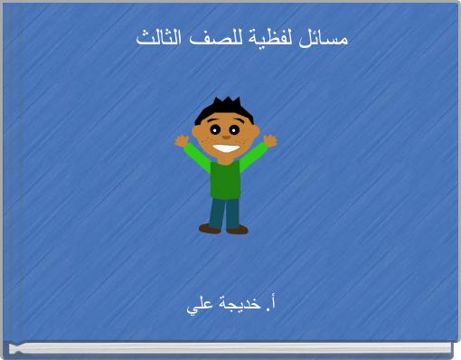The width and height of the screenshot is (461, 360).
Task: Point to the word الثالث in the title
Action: point(159,39)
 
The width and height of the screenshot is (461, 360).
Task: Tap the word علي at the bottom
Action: point(200,306)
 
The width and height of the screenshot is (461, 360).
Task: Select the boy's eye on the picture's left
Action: point(216,129)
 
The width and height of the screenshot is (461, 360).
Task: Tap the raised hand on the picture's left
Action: point(182,140)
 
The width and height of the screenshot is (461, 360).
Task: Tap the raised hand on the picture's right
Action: point(269,140)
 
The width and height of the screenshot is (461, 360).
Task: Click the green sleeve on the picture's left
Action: point(198,158)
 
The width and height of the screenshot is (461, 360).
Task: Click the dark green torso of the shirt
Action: point(225,179)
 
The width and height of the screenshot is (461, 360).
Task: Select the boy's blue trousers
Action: point(225,212)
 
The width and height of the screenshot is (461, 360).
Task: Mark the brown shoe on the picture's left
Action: point(210,229)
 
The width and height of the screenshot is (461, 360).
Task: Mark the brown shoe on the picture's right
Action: point(237,230)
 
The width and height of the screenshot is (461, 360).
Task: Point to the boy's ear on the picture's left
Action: point(198,132)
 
